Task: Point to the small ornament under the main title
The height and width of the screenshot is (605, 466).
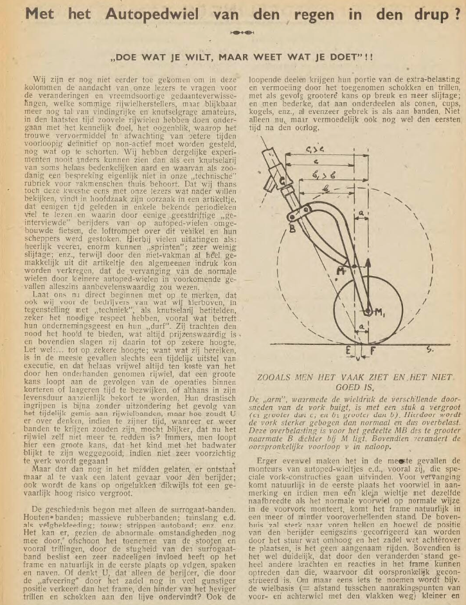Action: coord(233,30)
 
